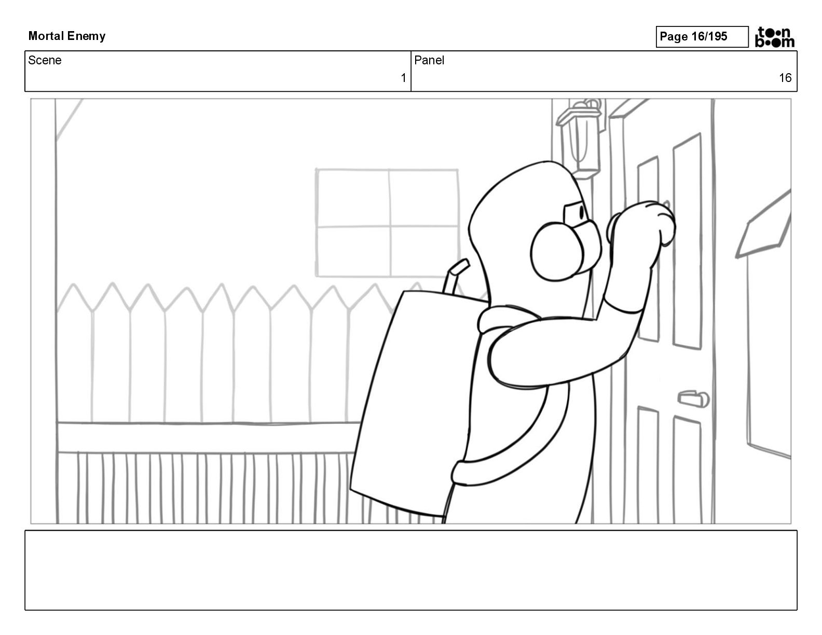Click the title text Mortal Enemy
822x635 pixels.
67,36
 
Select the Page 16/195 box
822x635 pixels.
702,36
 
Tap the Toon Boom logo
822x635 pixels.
775,37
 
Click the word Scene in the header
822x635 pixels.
45,60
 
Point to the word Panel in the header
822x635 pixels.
429,60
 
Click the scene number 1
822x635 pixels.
403,78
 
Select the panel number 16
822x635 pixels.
785,78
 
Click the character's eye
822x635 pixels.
579,212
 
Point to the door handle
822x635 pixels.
693,398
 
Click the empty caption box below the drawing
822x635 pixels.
410,570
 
